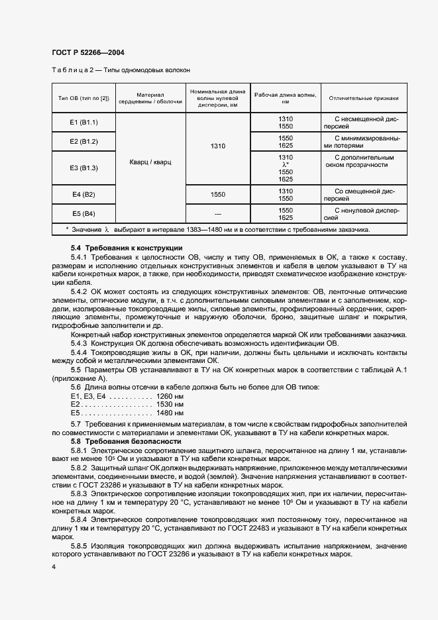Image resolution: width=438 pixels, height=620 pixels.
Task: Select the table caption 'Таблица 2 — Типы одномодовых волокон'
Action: (x=121, y=70)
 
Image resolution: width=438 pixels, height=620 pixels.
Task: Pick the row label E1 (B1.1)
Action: (x=83, y=123)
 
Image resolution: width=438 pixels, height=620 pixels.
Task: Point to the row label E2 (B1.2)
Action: (x=83, y=141)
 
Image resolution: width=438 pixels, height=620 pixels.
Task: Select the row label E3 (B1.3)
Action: (x=83, y=168)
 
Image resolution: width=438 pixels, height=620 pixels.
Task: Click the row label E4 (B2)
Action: (x=83, y=195)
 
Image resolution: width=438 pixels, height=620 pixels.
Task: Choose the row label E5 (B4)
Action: (x=83, y=214)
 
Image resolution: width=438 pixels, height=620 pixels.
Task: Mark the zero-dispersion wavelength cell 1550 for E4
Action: (x=218, y=195)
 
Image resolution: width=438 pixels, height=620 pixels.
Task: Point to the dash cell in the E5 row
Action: (x=218, y=214)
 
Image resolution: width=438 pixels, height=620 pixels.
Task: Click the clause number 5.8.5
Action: (x=80, y=545)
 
